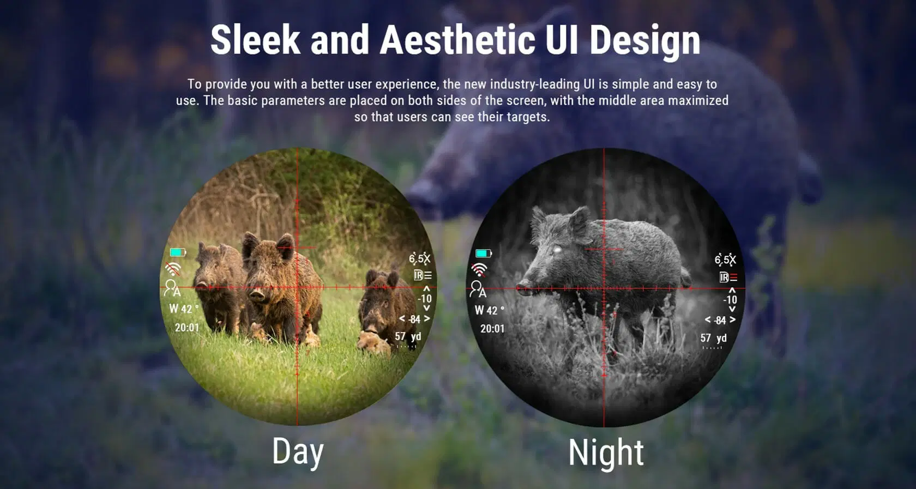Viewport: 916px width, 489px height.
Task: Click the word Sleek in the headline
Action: click(x=255, y=40)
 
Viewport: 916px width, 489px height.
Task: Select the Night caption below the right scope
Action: click(x=606, y=452)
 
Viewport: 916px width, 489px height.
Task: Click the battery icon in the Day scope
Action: click(x=178, y=252)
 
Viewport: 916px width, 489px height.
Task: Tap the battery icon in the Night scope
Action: click(x=483, y=253)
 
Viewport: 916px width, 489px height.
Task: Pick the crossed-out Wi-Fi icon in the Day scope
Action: click(x=173, y=269)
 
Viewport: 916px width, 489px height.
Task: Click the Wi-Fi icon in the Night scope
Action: click(x=479, y=270)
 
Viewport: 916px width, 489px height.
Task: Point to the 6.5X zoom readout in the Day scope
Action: click(x=420, y=258)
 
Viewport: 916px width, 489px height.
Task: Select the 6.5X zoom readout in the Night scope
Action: click(x=725, y=259)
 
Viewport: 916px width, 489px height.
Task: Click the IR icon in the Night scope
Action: click(x=728, y=277)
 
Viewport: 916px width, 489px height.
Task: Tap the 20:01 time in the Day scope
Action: click(x=187, y=328)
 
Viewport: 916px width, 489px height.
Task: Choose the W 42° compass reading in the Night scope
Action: click(x=489, y=310)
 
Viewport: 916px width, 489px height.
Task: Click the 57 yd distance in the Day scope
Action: click(x=408, y=336)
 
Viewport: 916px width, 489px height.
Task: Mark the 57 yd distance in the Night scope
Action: click(x=714, y=338)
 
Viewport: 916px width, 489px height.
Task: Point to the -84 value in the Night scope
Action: click(x=720, y=320)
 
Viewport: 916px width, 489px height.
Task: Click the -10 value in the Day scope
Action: click(x=425, y=299)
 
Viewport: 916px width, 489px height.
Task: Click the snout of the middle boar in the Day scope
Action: click(x=257, y=294)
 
